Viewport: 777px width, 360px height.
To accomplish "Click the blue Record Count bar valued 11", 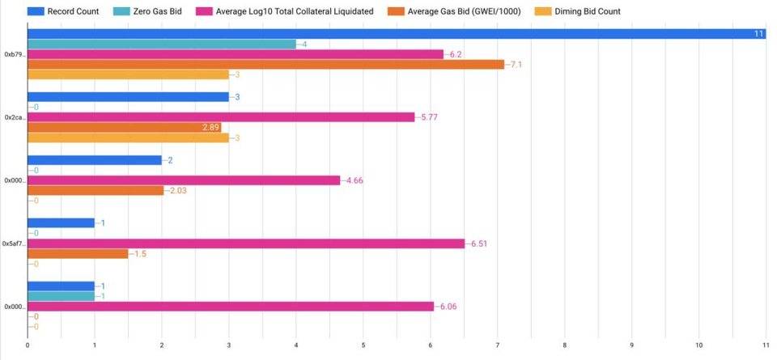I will tap(397, 34).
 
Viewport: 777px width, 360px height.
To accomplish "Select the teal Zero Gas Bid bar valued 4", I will tap(162, 44).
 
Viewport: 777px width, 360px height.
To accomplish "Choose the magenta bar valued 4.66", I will tap(184, 180).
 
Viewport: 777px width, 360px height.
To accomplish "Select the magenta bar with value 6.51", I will tap(246, 244).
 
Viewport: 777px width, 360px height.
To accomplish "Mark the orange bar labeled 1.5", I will tap(78, 254).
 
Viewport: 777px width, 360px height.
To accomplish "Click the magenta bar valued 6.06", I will tap(231, 307).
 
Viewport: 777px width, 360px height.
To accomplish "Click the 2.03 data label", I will tap(179, 191).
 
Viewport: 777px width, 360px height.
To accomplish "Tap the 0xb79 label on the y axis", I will tap(15, 54).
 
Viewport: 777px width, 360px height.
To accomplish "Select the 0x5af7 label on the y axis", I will tap(14, 244).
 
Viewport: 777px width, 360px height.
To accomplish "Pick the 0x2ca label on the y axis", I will tap(15, 117).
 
